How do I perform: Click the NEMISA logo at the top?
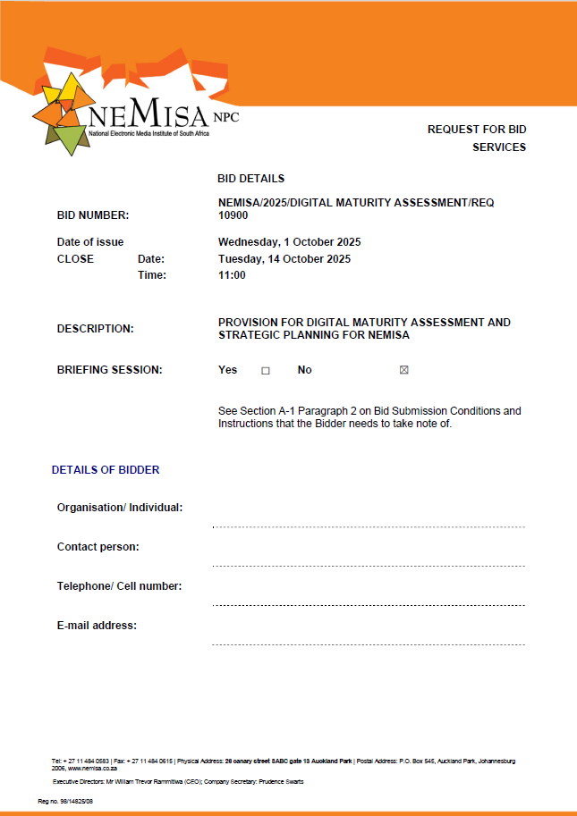pyautogui.click(x=134, y=112)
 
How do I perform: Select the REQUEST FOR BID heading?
pyautogui.click(x=476, y=130)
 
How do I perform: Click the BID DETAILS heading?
pyautogui.click(x=250, y=179)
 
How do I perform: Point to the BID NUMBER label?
pyautogui.click(x=93, y=215)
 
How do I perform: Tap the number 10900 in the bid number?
pyautogui.click(x=233, y=215)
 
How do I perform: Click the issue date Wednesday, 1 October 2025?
pyautogui.click(x=290, y=242)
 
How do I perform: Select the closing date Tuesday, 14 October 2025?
pyautogui.click(x=284, y=259)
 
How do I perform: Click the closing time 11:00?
pyautogui.click(x=232, y=275)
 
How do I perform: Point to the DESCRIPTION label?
pyautogui.click(x=96, y=329)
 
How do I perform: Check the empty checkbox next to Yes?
pyautogui.click(x=265, y=370)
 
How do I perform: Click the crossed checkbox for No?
pyautogui.click(x=403, y=370)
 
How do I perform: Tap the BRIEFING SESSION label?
pyautogui.click(x=110, y=370)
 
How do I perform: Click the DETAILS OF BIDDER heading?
pyautogui.click(x=106, y=469)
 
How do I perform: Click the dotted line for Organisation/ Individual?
pyautogui.click(x=369, y=526)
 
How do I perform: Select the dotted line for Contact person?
pyautogui.click(x=369, y=566)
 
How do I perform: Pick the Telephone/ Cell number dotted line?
pyautogui.click(x=369, y=605)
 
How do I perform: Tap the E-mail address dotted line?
pyautogui.click(x=369, y=644)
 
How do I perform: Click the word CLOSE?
pyautogui.click(x=75, y=259)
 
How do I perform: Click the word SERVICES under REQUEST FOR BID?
pyautogui.click(x=499, y=147)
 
